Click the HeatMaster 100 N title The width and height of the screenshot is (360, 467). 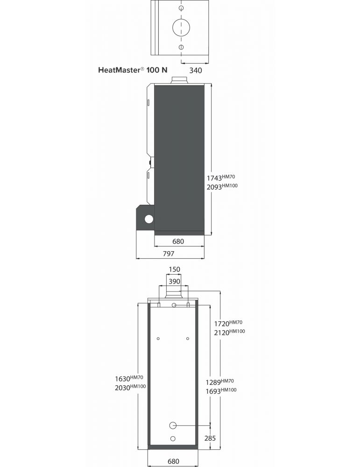point(133,70)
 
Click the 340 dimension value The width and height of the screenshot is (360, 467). point(196,71)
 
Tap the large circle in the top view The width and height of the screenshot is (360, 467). point(181,28)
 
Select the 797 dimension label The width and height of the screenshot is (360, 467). point(169,254)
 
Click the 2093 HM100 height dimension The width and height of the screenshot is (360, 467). point(222,187)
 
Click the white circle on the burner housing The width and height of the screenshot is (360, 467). point(148,219)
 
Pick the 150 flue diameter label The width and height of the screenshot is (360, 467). point(174,269)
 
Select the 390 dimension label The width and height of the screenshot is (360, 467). point(174,282)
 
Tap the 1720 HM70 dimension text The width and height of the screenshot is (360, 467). point(228,323)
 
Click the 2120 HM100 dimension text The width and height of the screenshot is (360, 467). point(230,332)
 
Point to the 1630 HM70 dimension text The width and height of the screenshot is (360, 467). point(129,379)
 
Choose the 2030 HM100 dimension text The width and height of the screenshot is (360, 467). point(130,388)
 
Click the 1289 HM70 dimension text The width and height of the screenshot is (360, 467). point(220,382)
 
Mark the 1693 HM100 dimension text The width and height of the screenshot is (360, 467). point(221,391)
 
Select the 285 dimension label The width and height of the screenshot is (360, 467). point(210,438)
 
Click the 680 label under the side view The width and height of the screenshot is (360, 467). point(178,241)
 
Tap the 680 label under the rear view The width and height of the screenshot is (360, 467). point(173,461)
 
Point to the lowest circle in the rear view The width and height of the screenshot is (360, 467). point(173,439)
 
